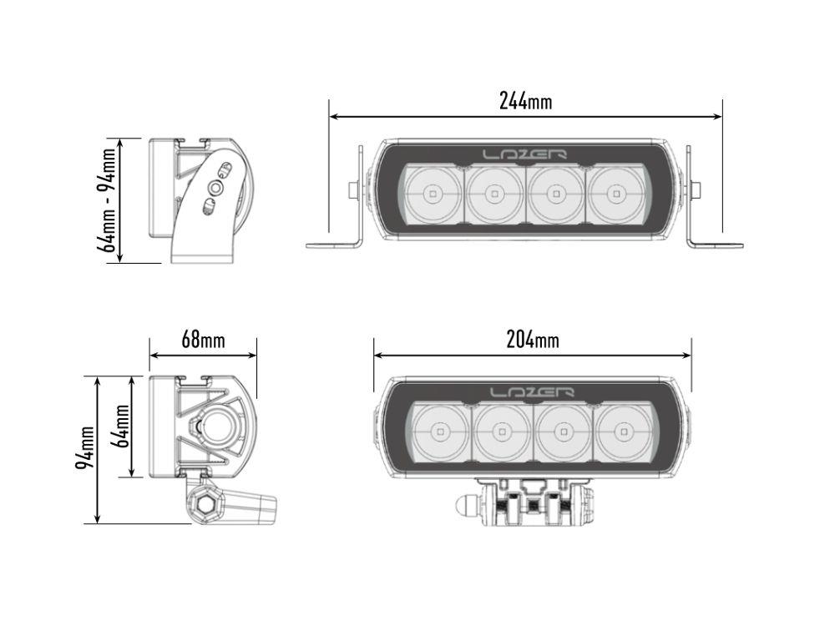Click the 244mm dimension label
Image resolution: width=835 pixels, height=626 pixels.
click(x=525, y=101)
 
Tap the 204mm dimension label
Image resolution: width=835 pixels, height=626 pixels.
click(x=533, y=340)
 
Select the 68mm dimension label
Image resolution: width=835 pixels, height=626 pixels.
click(x=203, y=340)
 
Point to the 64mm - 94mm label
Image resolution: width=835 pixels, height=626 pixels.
click(x=106, y=200)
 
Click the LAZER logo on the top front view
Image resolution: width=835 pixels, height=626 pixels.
click(x=525, y=154)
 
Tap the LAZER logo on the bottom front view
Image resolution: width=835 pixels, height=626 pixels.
click(x=532, y=391)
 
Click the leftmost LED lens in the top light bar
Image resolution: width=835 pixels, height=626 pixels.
click(x=432, y=194)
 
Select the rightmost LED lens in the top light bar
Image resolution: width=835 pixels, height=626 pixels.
click(x=616, y=194)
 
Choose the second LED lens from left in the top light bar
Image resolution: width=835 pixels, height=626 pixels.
click(x=493, y=194)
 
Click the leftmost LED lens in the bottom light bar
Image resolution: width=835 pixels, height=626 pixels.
click(x=440, y=432)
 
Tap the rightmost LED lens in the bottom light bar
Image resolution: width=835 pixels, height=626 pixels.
click(x=623, y=432)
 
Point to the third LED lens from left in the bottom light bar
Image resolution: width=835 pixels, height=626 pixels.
click(x=563, y=432)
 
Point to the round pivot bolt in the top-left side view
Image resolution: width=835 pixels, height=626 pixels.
click(x=215, y=189)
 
